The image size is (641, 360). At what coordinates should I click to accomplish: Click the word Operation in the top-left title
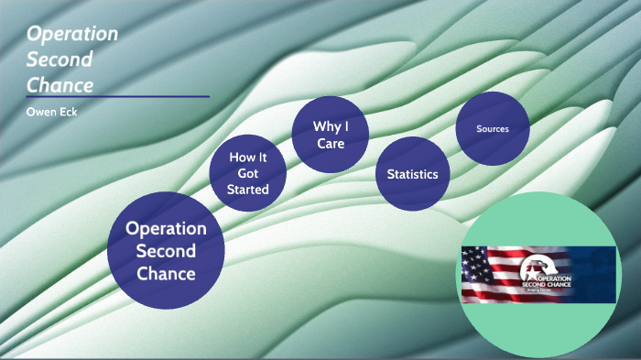click(72, 35)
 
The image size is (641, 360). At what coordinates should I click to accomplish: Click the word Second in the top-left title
click(58, 60)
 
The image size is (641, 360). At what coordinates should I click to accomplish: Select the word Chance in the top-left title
click(60, 85)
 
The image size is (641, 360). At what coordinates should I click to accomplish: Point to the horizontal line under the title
click(118, 96)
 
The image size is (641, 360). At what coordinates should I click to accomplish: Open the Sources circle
click(493, 129)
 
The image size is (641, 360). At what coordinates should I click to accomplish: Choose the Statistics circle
click(412, 174)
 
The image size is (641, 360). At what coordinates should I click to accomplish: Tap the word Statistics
click(412, 174)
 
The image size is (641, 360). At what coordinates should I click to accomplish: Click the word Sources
click(493, 129)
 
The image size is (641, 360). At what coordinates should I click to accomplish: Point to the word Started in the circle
click(248, 190)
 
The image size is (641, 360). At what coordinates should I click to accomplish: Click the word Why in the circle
click(323, 125)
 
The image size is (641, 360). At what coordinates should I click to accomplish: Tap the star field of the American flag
click(475, 259)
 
